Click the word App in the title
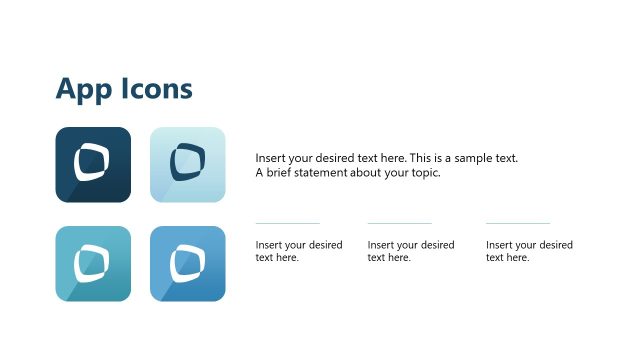coord(79,90)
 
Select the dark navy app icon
coord(93,165)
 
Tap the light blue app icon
coord(187,165)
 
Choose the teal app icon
coord(93,263)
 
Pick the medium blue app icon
coord(187,263)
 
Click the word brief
coord(281,172)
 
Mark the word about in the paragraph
coord(373,172)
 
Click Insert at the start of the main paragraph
coord(270,159)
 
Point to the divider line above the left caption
coord(287,223)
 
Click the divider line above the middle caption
coord(399,223)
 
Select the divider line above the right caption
coord(518,223)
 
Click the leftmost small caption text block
coord(298,251)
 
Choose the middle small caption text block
coord(410,251)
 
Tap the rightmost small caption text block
coord(529,251)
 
